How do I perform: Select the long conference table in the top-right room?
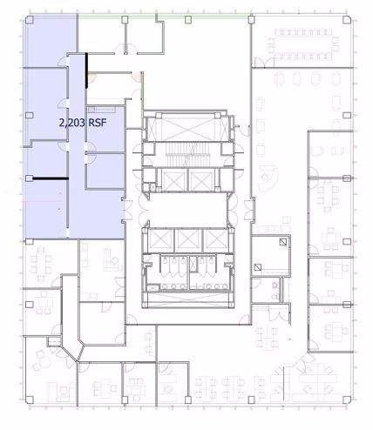(x=303, y=41)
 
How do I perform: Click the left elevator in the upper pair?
(x=173, y=181)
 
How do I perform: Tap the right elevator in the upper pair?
(x=200, y=181)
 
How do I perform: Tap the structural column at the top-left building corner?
(x=25, y=17)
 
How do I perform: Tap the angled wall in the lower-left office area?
(x=78, y=348)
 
